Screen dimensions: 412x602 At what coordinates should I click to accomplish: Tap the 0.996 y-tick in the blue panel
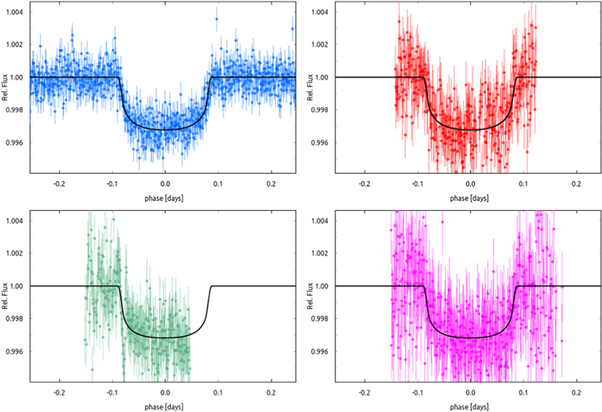(x=14, y=142)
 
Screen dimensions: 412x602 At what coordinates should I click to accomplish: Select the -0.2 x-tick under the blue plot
(x=60, y=182)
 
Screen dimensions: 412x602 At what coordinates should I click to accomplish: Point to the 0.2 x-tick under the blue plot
(x=271, y=182)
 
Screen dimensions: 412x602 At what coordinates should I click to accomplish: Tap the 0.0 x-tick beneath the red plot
(x=470, y=182)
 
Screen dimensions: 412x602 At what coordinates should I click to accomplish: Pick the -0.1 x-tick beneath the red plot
(x=417, y=182)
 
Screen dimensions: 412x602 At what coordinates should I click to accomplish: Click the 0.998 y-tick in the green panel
(x=14, y=318)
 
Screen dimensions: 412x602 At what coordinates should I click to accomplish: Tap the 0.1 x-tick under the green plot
(x=218, y=390)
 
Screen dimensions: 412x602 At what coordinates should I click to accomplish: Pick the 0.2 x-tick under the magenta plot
(x=575, y=390)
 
